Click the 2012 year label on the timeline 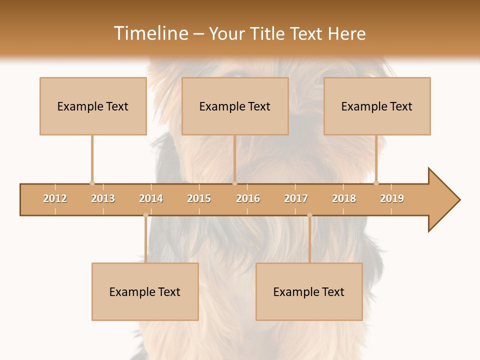55,198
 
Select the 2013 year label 103,198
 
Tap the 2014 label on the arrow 151,198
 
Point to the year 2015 199,198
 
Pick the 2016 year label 248,198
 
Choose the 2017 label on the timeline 296,198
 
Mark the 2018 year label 344,198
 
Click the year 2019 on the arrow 392,198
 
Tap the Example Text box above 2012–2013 93,106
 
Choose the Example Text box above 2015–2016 235,106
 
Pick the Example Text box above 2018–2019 377,106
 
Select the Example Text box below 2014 145,291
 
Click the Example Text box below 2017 309,291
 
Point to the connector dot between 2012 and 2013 92,183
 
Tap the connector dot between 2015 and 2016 235,183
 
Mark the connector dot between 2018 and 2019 376,183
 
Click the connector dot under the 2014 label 145,215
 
